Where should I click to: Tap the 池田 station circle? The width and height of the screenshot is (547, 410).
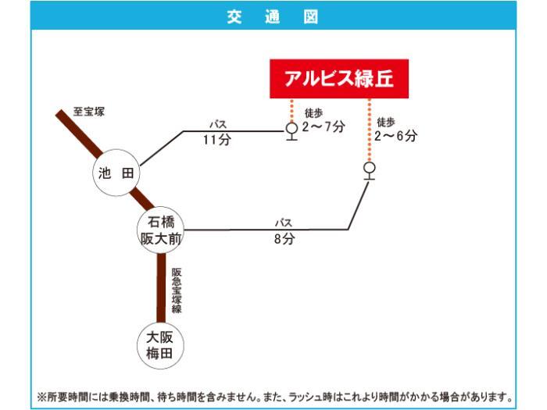point(116,173)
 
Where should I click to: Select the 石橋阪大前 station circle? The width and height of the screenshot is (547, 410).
point(161,230)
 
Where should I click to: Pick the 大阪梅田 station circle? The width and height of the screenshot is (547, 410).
point(161,344)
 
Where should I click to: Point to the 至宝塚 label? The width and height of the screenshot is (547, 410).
point(88,112)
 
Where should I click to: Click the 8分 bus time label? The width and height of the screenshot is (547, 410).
point(284,240)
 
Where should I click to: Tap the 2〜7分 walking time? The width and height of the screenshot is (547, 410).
point(324,127)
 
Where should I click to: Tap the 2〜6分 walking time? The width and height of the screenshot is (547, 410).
point(395,136)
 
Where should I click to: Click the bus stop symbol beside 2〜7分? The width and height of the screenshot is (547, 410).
point(291,130)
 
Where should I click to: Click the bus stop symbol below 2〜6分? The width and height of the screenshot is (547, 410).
point(369,169)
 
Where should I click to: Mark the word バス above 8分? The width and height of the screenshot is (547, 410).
point(283,223)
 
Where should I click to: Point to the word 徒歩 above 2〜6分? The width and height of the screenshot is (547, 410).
point(386,122)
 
